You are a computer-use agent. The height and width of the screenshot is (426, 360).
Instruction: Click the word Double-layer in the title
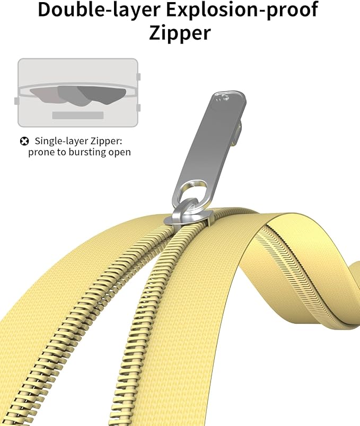pyautogui.click(x=99, y=10)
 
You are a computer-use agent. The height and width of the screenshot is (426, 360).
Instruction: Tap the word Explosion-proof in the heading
pyautogui.click(x=242, y=10)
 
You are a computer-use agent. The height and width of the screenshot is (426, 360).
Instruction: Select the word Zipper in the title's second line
pyautogui.click(x=180, y=33)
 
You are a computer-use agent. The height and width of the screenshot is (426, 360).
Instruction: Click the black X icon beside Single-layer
pyautogui.click(x=24, y=141)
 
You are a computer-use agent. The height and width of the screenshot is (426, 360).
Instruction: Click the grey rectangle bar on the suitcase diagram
pyautogui.click(x=78, y=115)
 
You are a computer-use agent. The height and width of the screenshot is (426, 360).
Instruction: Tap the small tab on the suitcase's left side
pyautogui.click(x=16, y=101)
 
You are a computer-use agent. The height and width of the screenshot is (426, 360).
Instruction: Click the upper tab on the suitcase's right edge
pyautogui.click(x=138, y=77)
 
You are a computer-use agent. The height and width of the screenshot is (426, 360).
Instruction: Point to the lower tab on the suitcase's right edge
pyautogui.click(x=138, y=108)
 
